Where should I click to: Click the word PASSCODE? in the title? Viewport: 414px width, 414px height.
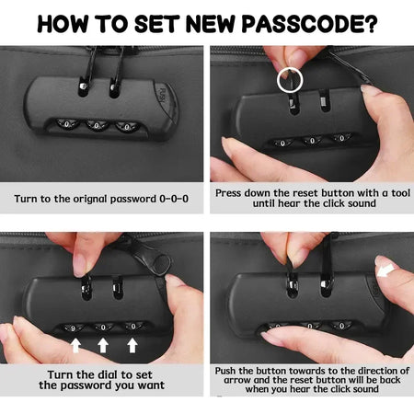pyautogui.click(x=309, y=24)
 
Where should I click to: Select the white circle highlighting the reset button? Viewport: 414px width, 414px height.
pyautogui.click(x=290, y=80)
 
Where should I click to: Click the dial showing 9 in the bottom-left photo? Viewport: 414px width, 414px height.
pyautogui.click(x=73, y=328)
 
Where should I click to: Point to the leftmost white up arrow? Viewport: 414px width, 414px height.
pyautogui.click(x=75, y=345)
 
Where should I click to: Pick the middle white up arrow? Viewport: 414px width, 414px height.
pyautogui.click(x=103, y=345)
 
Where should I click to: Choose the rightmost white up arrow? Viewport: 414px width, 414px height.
pyautogui.click(x=132, y=345)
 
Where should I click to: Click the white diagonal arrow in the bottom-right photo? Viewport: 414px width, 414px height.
pyautogui.click(x=385, y=270)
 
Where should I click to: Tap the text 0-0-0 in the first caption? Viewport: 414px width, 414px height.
pyautogui.click(x=174, y=199)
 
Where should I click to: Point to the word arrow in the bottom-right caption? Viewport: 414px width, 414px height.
pyautogui.click(x=237, y=380)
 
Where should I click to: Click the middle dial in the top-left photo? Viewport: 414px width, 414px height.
pyautogui.click(x=97, y=125)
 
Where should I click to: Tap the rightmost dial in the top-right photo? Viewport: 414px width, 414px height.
pyautogui.click(x=342, y=138)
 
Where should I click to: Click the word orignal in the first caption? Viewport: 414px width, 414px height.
pyautogui.click(x=90, y=200)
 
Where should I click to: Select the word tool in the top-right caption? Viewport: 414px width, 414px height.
pyautogui.click(x=400, y=193)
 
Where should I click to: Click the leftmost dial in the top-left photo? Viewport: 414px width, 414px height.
pyautogui.click(x=67, y=124)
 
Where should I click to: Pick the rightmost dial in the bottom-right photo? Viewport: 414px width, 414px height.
pyautogui.click(x=342, y=326)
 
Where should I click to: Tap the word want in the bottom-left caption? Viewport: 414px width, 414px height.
pyautogui.click(x=151, y=385)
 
